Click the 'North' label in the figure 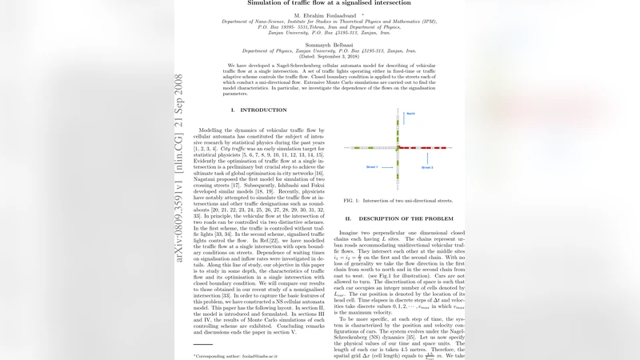(x=410, y=114)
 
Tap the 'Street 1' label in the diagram (x=370, y=167)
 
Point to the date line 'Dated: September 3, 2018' (x=318, y=56)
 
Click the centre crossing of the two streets (x=397, y=148)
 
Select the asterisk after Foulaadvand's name (x=362, y=14)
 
